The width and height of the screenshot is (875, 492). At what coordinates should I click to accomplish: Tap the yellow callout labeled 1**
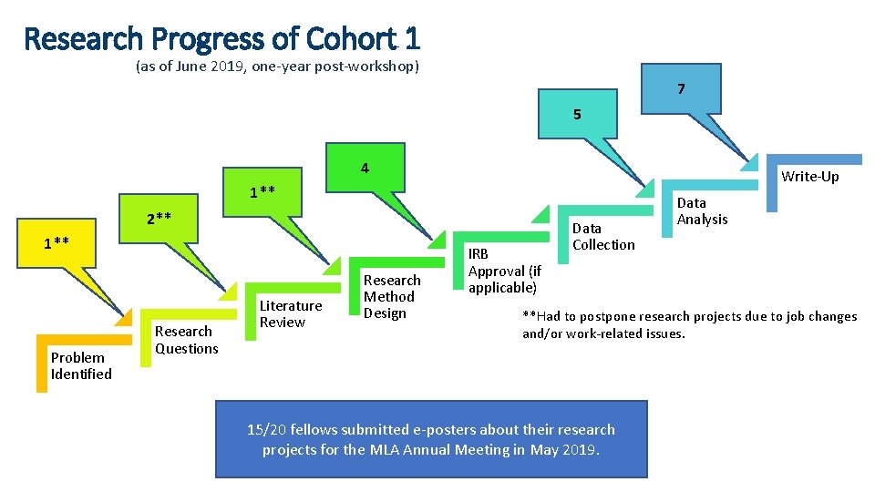click(57, 242)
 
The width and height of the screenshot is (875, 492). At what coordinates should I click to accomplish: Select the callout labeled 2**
click(160, 219)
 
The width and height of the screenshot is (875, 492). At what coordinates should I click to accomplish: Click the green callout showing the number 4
click(365, 169)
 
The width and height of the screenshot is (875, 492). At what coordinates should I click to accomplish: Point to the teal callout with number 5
click(577, 115)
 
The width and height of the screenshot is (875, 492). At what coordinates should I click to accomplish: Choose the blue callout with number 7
click(681, 89)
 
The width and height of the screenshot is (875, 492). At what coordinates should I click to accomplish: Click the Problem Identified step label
click(81, 365)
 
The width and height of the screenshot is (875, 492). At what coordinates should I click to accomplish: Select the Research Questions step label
click(186, 340)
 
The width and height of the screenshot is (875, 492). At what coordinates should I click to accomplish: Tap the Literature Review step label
click(290, 314)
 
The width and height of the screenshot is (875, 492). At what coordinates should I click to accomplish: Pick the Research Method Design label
click(392, 296)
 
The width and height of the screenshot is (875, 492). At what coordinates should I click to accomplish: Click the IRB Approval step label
click(504, 271)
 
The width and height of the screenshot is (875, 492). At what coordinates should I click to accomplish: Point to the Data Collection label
click(603, 236)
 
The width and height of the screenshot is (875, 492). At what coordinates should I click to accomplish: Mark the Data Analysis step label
click(702, 210)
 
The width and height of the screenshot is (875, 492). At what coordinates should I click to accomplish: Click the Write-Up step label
click(809, 176)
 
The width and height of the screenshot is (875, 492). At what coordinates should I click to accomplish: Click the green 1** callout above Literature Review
click(262, 192)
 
